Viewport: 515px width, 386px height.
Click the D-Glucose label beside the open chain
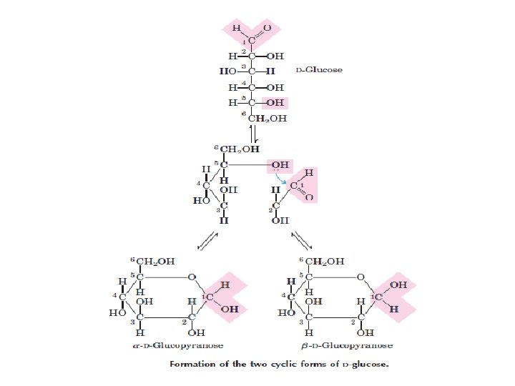coord(319,70)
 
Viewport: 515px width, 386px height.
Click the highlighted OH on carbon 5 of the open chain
coord(275,102)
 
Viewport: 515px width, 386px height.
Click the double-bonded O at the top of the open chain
coord(267,28)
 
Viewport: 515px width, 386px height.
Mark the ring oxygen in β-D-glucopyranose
coord(360,277)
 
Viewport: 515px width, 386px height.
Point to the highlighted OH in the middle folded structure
coord(280,164)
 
